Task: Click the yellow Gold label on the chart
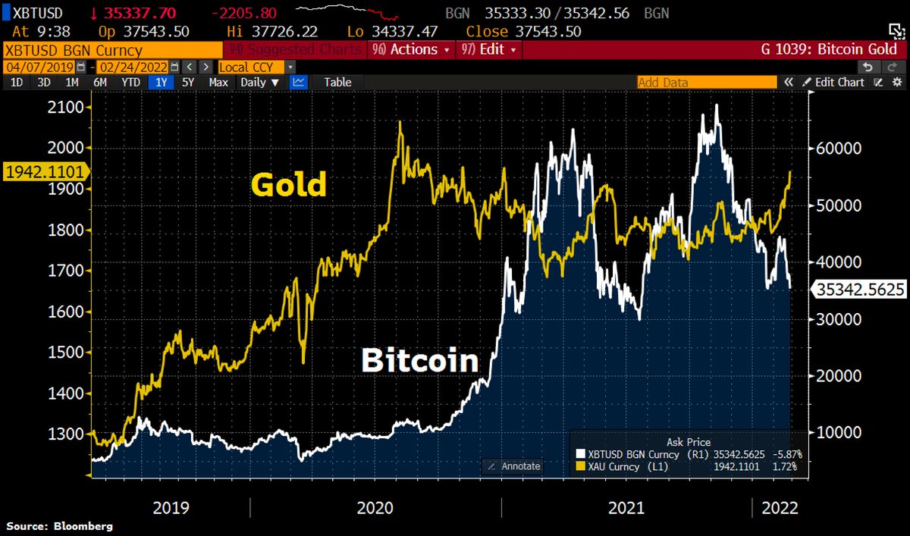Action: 288,184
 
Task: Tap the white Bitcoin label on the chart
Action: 419,360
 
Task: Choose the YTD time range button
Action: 130,82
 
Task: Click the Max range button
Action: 218,82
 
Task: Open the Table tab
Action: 337,82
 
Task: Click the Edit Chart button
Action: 833,82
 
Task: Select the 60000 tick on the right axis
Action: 839,149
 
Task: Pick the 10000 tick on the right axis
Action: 839,433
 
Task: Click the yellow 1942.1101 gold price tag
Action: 44,171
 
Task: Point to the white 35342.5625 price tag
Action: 859,289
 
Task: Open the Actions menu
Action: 412,49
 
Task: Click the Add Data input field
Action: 705,82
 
